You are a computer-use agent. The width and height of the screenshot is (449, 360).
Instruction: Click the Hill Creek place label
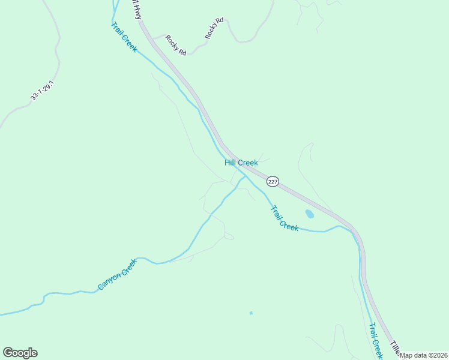click(x=241, y=163)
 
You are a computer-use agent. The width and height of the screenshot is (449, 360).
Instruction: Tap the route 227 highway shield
click(x=273, y=182)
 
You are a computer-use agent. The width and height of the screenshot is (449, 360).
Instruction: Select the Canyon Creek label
click(x=118, y=275)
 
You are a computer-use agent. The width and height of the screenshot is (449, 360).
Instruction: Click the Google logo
click(x=20, y=353)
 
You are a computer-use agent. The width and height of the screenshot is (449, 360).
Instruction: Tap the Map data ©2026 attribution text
click(x=424, y=355)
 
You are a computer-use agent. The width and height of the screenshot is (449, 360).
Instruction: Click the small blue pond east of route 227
click(x=309, y=214)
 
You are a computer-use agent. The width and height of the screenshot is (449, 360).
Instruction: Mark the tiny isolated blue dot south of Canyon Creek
click(x=251, y=313)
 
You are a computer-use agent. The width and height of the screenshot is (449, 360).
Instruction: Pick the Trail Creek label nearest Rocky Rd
click(x=124, y=37)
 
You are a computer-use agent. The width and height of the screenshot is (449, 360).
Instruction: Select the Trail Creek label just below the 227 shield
click(x=285, y=218)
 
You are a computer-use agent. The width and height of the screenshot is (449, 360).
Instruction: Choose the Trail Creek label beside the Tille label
click(x=376, y=341)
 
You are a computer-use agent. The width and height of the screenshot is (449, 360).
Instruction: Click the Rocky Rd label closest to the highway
click(x=176, y=46)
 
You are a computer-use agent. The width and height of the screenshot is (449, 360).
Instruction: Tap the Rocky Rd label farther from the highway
click(x=214, y=29)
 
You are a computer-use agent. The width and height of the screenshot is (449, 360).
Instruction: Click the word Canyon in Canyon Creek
click(x=110, y=281)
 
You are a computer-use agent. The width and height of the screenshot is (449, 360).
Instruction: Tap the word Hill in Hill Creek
click(x=231, y=163)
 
